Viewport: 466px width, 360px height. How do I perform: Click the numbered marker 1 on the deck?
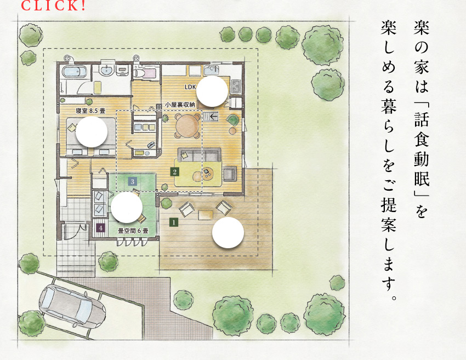(174, 222)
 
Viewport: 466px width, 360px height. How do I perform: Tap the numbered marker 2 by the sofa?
(175, 172)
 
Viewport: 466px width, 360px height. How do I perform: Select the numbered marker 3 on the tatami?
(133, 181)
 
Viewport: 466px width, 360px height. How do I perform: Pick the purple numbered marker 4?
(101, 228)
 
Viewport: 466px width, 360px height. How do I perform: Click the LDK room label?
(190, 87)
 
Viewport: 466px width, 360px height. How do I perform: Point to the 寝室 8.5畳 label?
(90, 111)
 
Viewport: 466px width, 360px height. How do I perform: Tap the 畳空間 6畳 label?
(133, 231)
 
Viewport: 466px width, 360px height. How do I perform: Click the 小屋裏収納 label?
(180, 105)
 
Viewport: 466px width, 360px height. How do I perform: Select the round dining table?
(187, 125)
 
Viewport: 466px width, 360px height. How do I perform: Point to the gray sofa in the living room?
(200, 155)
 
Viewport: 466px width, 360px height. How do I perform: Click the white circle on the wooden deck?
(228, 232)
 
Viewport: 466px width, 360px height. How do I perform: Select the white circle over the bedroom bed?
(92, 132)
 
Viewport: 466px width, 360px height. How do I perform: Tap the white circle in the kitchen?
(212, 91)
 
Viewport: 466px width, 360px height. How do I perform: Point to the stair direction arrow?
(213, 116)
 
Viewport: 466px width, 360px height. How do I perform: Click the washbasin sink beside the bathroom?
(107, 70)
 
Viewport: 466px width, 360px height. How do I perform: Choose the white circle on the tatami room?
(126, 207)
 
